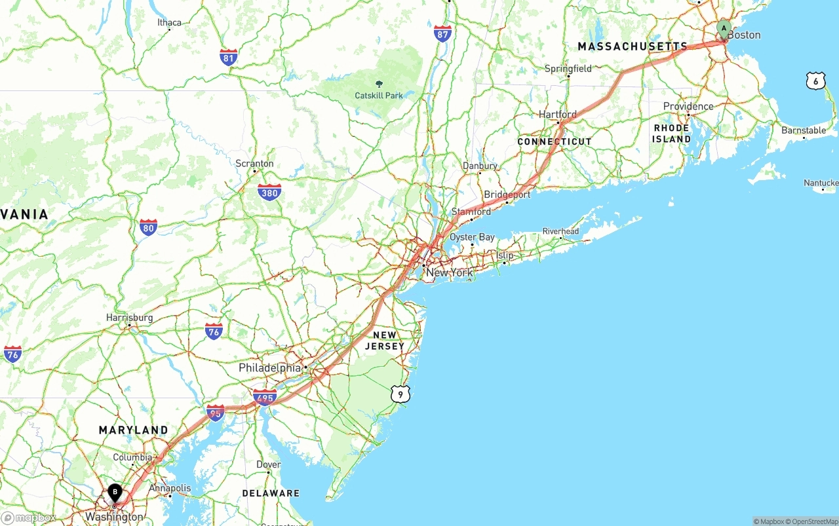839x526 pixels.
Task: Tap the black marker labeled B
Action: coord(115,492)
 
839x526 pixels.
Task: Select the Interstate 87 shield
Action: coord(442,34)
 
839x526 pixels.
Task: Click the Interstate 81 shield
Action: coord(229,58)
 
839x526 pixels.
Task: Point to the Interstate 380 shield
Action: coord(269,192)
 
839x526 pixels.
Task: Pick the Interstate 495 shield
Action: coord(265,397)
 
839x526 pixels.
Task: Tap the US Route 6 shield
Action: coord(815,81)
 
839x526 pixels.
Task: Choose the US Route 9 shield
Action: coord(400,394)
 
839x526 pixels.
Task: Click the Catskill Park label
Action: coord(379,95)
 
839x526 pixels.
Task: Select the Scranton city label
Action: coord(255,163)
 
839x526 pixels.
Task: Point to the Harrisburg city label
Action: coord(130,318)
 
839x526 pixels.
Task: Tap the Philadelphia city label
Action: coord(269,367)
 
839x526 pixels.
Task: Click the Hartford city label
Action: coord(558,115)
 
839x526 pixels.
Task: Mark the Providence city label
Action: coord(688,106)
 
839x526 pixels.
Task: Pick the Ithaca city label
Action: coord(169,22)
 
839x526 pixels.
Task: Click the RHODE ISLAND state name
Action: coord(672,134)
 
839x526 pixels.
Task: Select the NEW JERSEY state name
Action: coord(385,341)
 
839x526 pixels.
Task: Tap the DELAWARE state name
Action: coord(271,493)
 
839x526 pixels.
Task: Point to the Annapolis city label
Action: coord(170,488)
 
